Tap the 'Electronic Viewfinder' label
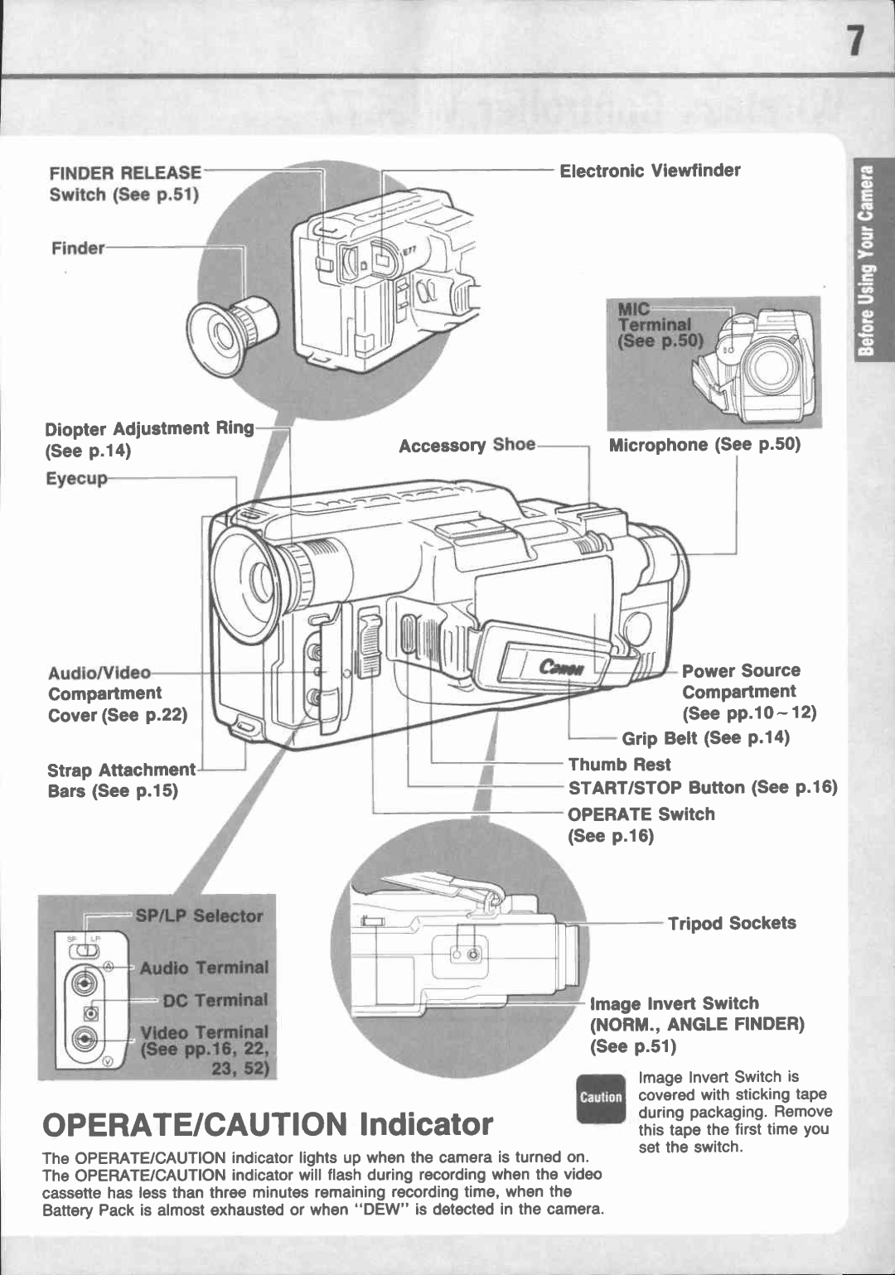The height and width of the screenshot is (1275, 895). (650, 171)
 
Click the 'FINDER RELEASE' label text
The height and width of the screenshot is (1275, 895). (125, 173)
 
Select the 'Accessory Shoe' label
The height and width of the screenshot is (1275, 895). (467, 446)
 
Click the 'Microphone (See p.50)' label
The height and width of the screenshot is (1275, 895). (704, 445)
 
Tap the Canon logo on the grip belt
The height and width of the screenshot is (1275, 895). (561, 667)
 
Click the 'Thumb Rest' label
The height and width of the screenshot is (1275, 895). (619, 765)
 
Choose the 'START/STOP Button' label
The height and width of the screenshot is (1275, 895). (702, 787)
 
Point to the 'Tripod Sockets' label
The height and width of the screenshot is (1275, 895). (732, 923)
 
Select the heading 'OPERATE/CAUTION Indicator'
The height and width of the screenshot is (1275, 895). (268, 1124)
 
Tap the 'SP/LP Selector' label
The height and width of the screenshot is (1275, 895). (199, 916)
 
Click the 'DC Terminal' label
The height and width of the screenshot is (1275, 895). (215, 1001)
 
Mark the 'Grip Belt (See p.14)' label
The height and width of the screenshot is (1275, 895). (705, 738)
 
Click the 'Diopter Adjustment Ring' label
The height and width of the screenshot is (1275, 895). (149, 429)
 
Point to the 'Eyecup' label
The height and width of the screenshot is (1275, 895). (76, 479)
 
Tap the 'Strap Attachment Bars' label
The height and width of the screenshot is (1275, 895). (121, 770)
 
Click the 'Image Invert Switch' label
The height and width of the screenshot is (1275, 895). (674, 1003)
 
